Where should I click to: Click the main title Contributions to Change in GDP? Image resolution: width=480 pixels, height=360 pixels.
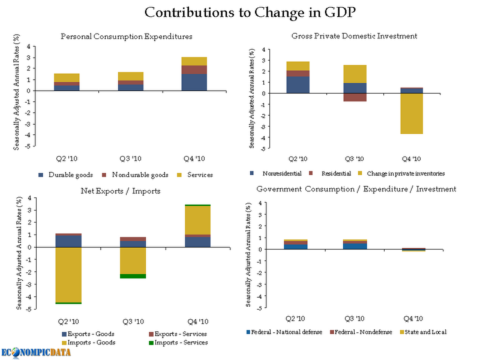[240, 13]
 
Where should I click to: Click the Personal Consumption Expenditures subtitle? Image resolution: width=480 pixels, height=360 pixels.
[127, 37]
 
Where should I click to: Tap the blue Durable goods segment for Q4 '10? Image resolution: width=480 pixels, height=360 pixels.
[194, 82]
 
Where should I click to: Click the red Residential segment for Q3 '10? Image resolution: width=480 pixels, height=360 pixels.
[355, 97]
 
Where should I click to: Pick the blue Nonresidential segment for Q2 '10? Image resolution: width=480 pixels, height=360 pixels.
[298, 85]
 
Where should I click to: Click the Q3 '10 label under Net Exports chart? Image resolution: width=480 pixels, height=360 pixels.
[133, 322]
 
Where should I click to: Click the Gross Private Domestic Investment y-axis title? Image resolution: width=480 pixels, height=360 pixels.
[253, 96]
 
